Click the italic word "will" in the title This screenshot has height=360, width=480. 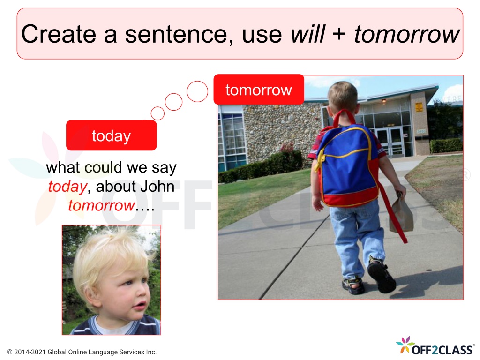[x=307, y=34]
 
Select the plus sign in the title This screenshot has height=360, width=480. [x=339, y=34]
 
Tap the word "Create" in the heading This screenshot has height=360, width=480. [x=59, y=34]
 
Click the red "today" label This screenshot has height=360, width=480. [x=112, y=135]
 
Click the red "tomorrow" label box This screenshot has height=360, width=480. [x=259, y=90]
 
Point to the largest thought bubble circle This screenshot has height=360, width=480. [x=197, y=91]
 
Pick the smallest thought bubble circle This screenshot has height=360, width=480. [x=157, y=113]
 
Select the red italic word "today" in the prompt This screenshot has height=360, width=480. [x=67, y=187]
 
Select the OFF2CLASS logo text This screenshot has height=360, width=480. [x=442, y=350]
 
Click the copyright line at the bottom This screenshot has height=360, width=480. [x=82, y=352]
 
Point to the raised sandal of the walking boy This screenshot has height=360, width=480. [x=382, y=274]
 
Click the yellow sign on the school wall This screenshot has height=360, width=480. [x=419, y=107]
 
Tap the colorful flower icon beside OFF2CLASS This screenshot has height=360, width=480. [x=405, y=345]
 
